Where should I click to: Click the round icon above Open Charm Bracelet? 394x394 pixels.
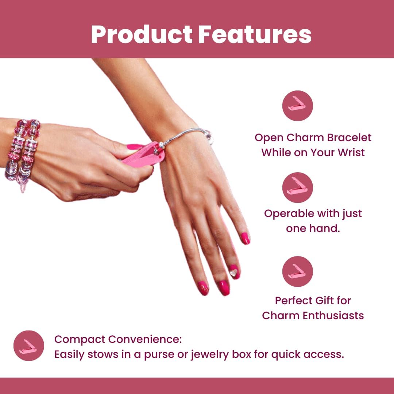[x=298, y=106]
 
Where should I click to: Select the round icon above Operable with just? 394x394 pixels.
[x=298, y=188]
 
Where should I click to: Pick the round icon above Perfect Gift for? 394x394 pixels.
[x=298, y=271]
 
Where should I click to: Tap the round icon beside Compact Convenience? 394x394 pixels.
[x=29, y=346]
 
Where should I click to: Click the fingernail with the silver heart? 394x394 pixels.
[x=234, y=272]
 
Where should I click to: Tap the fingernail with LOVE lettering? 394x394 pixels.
[x=203, y=288]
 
